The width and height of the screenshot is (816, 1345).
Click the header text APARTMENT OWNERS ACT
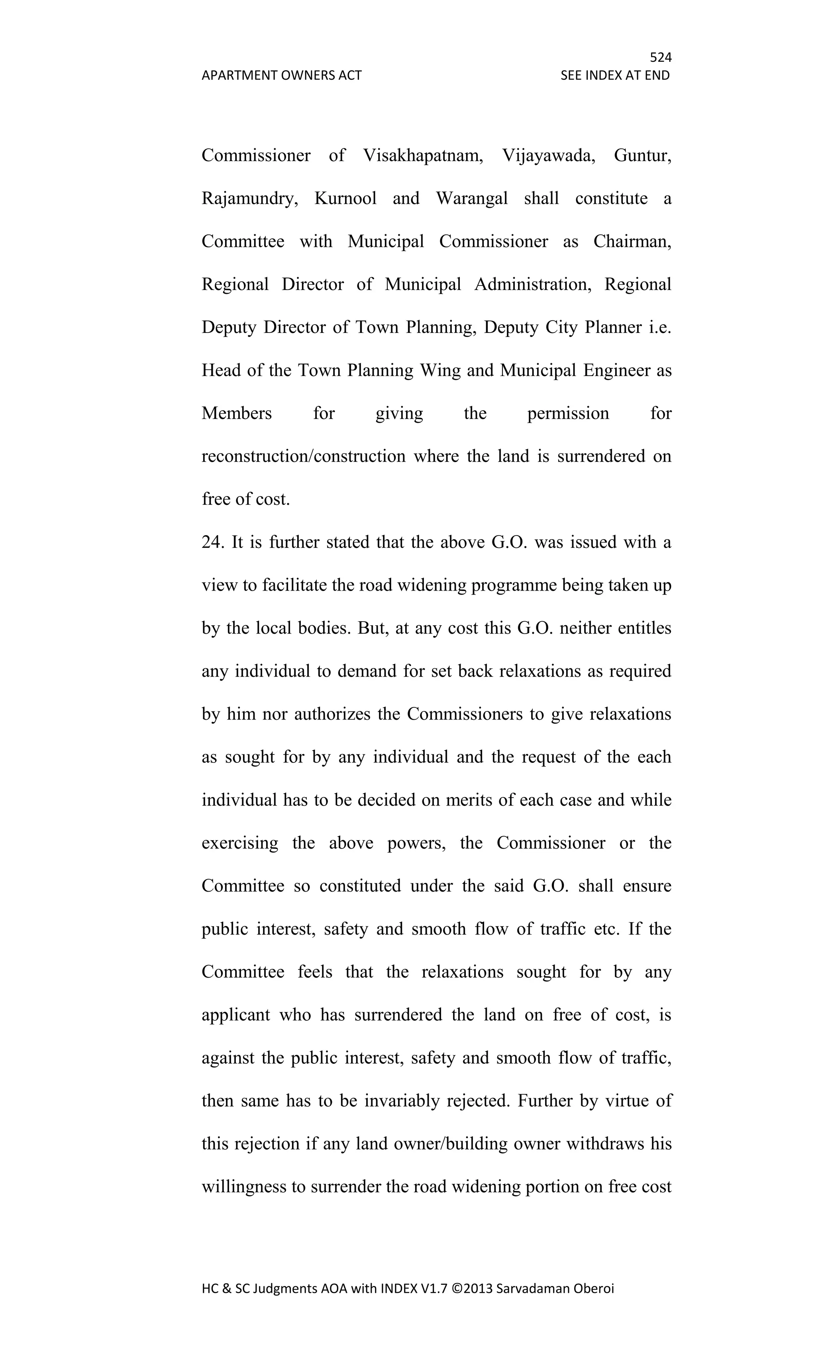(x=281, y=75)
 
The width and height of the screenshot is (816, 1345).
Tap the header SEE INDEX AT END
(x=615, y=75)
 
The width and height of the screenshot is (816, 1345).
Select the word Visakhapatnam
(x=423, y=156)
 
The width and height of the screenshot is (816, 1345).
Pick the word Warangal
(x=472, y=198)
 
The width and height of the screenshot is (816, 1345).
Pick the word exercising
(x=239, y=843)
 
